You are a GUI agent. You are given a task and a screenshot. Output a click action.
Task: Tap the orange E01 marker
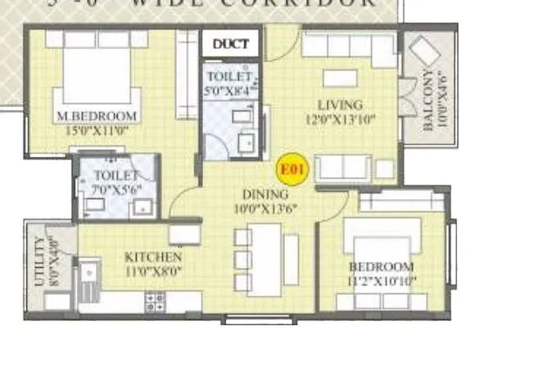pos(292,170)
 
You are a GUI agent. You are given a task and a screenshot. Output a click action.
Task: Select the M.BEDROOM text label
pos(97,116)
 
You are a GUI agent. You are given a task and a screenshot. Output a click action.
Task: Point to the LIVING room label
pos(340,105)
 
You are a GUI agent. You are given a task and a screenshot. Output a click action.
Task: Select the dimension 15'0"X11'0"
pos(96,129)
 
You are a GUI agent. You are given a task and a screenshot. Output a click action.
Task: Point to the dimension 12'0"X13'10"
pos(340,119)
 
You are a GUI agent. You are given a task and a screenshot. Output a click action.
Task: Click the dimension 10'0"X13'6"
pos(264,208)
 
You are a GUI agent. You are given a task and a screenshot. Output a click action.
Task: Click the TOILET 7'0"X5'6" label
pos(114,181)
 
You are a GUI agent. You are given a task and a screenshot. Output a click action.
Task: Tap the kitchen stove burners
pos(155,301)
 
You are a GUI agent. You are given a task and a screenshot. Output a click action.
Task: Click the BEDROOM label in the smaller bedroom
pos(382,267)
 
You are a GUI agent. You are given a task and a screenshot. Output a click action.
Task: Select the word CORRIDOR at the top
pos(318,3)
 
